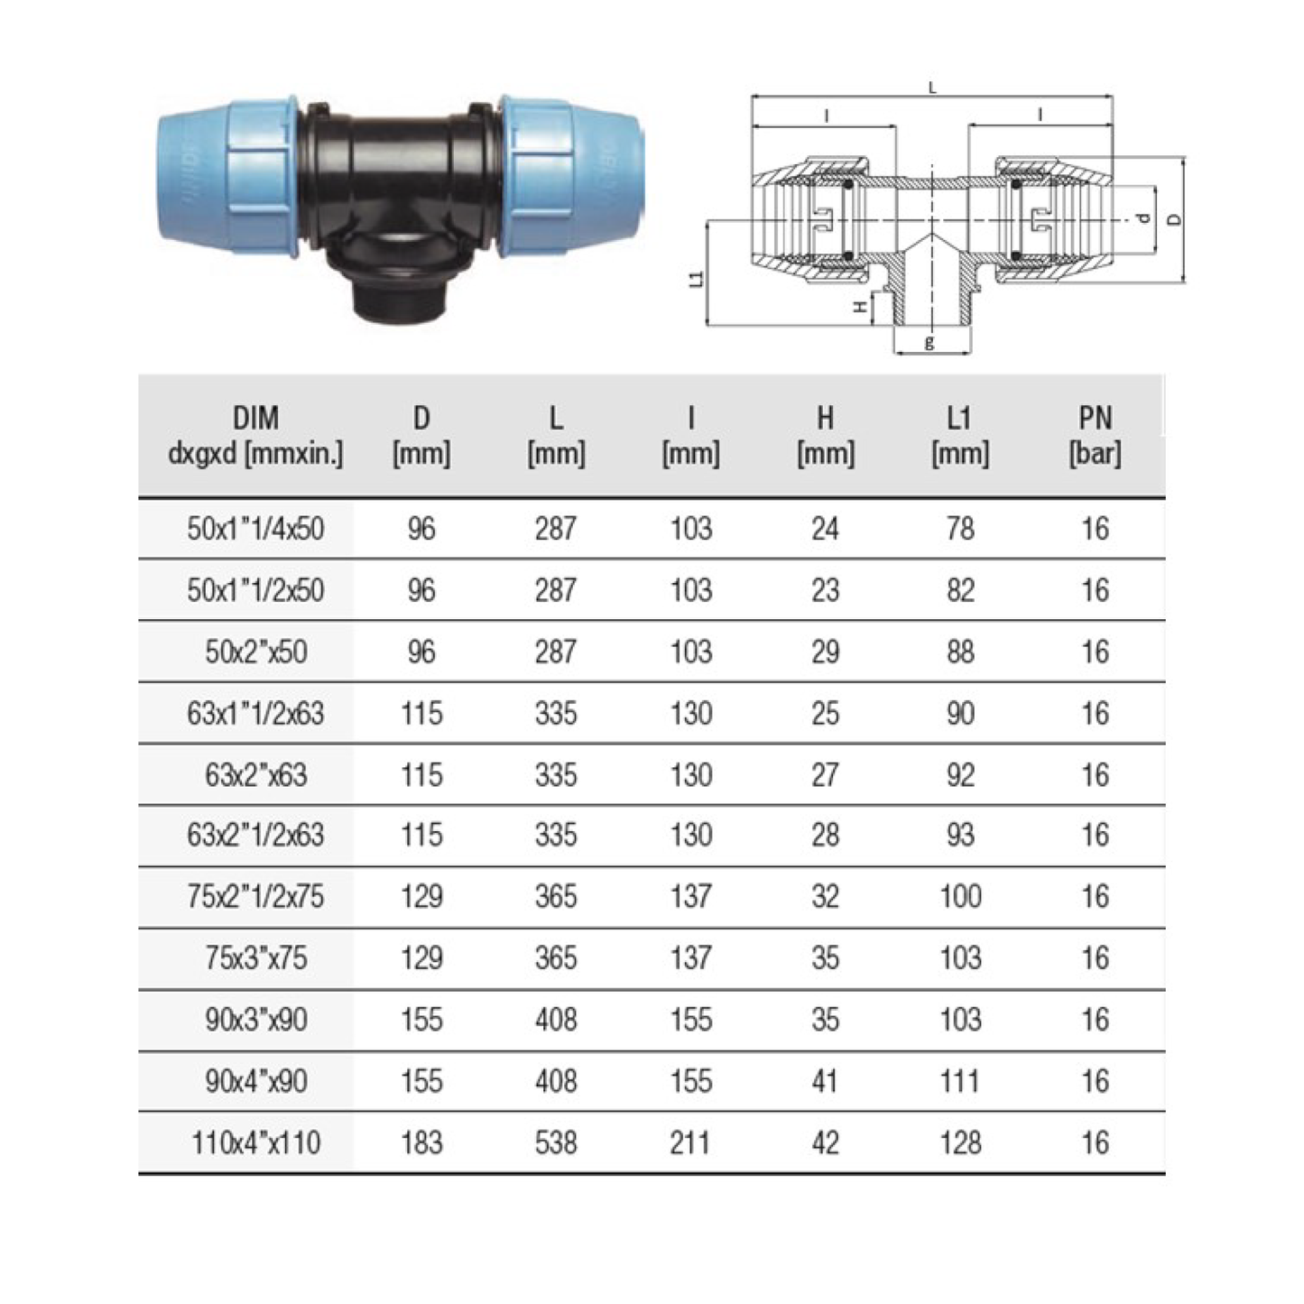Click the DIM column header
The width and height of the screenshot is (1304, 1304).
coord(255,436)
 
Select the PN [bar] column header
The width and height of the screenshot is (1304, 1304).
coord(1095,436)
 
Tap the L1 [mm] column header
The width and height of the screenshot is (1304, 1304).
coord(959,436)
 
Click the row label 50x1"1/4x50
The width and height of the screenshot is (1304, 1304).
coord(255,529)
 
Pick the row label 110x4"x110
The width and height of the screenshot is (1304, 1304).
coord(255,1143)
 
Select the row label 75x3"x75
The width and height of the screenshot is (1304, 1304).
coord(255,958)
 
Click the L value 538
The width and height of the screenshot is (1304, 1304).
coord(556,1143)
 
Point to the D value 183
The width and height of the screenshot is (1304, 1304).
coord(421,1143)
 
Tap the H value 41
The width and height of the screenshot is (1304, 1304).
coord(825,1081)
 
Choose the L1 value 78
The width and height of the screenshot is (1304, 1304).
coord(960,529)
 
